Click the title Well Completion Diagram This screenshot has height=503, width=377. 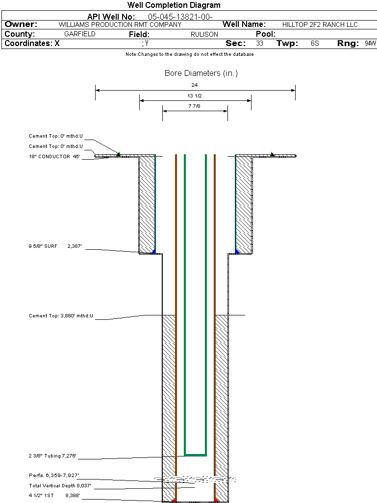click(x=174, y=5)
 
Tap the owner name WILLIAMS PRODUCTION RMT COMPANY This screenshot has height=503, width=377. click(x=120, y=24)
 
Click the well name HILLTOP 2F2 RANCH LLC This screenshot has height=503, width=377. click(x=320, y=24)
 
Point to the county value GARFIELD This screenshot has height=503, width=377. click(x=80, y=34)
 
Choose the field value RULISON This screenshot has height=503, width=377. click(x=204, y=35)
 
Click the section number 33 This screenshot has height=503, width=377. click(x=259, y=44)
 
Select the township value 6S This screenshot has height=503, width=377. click(x=315, y=44)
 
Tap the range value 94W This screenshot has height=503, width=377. click(x=370, y=44)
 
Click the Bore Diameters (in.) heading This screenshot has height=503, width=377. click(x=201, y=73)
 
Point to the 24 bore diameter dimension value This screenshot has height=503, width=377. click(x=195, y=85)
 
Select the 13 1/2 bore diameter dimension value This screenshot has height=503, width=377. click(x=195, y=96)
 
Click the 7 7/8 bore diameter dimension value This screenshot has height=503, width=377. click(x=195, y=106)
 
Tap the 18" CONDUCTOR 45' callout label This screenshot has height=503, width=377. click(x=54, y=157)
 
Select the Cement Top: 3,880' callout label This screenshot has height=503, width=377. click(x=61, y=316)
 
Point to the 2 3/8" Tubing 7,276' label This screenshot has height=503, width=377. click(x=53, y=456)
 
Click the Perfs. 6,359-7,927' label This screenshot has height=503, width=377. click(x=54, y=476)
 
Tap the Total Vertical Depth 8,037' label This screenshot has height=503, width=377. click(x=60, y=486)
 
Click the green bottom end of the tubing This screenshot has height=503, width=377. click(x=195, y=455)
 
